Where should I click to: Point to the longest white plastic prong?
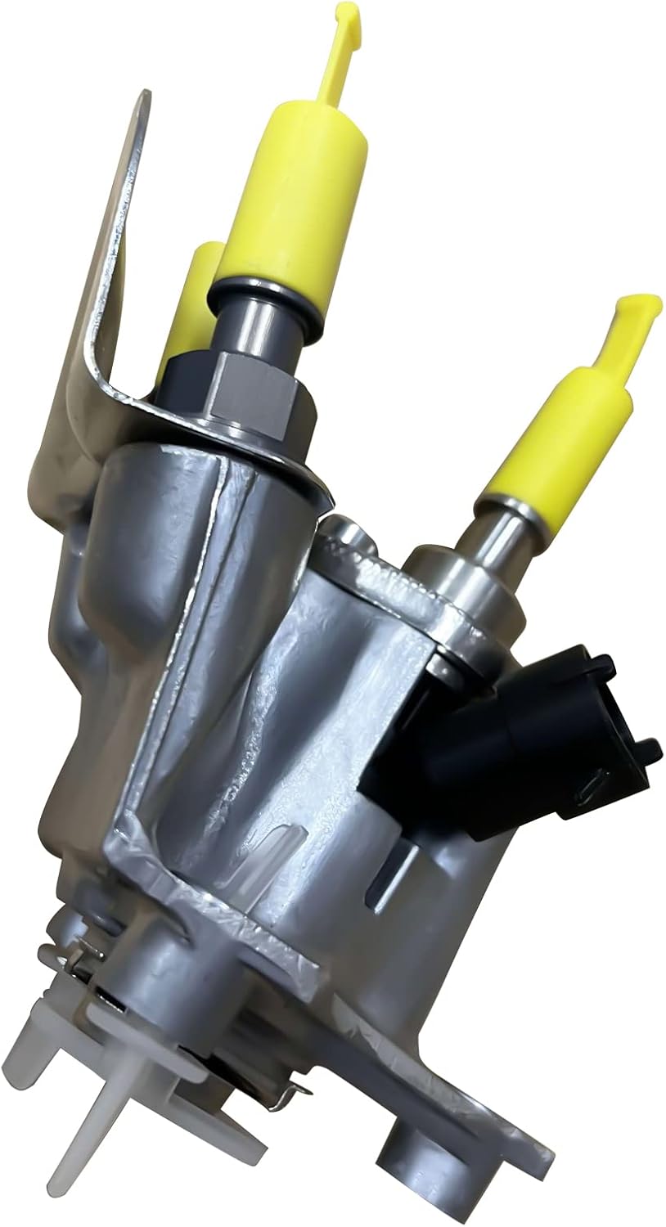[90, 1145]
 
